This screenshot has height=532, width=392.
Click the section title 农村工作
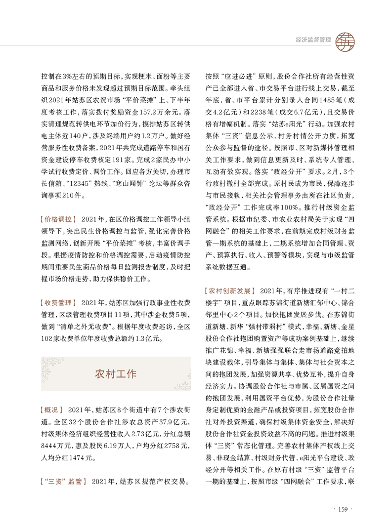[115, 373]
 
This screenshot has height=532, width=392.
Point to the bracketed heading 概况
[51, 410]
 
